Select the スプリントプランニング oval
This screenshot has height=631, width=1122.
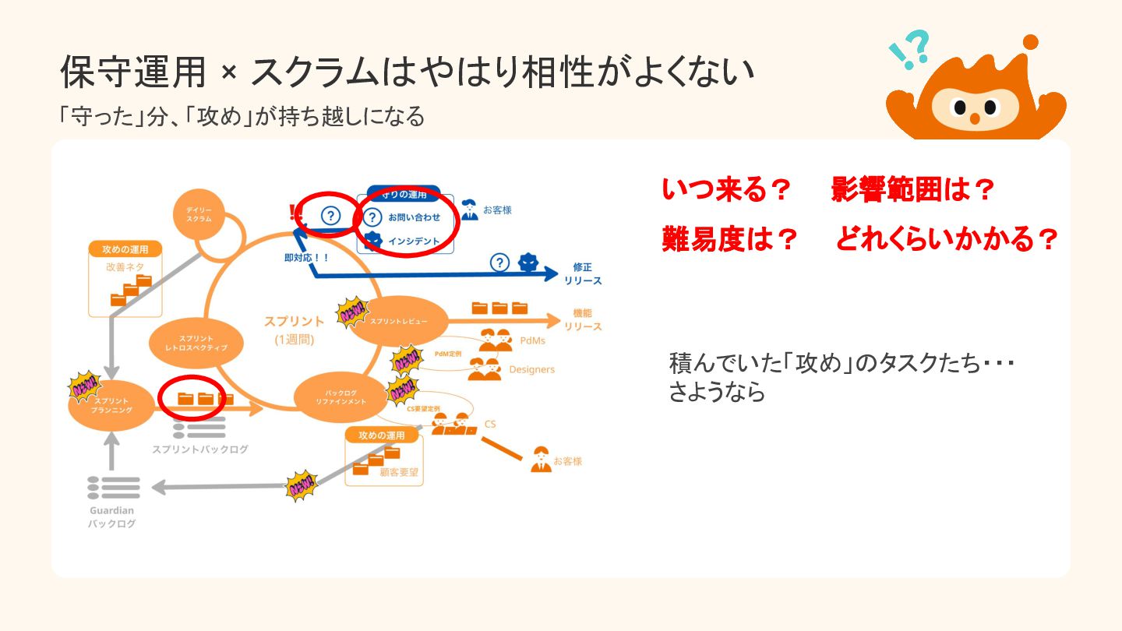click(x=111, y=405)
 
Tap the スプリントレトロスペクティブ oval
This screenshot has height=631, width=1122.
click(x=196, y=343)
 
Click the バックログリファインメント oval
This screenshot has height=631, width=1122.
click(x=340, y=396)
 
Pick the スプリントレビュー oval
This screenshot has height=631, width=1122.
click(x=398, y=321)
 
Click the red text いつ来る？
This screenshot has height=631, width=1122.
click(x=726, y=189)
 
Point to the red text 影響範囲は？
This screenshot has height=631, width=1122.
click(x=912, y=189)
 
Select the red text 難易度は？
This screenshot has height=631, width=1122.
click(x=729, y=240)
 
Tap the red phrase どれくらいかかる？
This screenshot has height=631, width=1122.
click(x=947, y=240)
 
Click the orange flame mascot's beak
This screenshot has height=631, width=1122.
click(x=974, y=118)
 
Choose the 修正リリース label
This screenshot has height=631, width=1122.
click(x=583, y=273)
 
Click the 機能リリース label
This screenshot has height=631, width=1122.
click(x=583, y=319)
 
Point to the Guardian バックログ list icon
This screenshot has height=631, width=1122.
click(x=114, y=487)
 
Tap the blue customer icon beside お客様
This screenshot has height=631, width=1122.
click(x=469, y=210)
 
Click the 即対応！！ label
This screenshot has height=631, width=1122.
click(x=307, y=256)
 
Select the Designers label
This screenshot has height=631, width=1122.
click(x=531, y=369)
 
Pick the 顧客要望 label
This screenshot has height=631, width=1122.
click(x=395, y=471)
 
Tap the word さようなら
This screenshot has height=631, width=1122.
click(x=717, y=393)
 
